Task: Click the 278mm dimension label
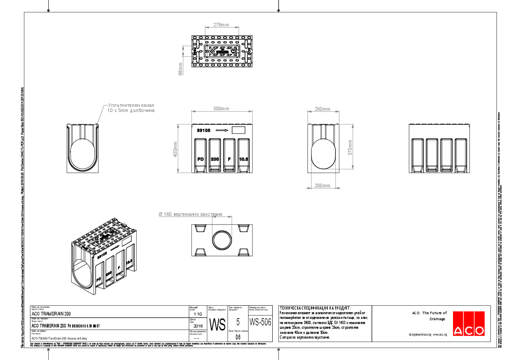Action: coord(221,25)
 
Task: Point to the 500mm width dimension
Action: coord(221,109)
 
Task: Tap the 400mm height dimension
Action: coord(174,149)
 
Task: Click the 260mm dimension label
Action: coord(323,109)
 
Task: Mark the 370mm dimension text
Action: coord(350,148)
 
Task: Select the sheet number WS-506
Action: coord(260,322)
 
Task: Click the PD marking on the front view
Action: coord(200,159)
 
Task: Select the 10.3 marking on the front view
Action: coord(244,159)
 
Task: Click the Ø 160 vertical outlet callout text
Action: coord(190,214)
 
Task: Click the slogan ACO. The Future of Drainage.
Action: coord(429,316)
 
